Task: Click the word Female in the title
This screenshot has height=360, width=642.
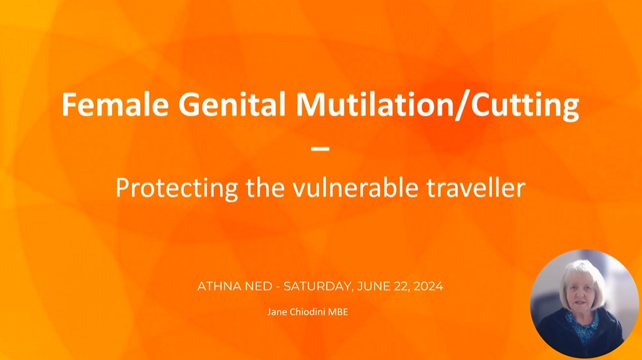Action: (115, 104)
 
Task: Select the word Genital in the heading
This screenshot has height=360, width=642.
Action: (232, 104)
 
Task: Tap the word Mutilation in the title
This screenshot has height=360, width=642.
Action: (373, 104)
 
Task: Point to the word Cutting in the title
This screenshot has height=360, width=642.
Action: (525, 107)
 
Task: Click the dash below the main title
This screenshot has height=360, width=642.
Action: (320, 149)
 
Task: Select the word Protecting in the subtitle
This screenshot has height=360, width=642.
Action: (176, 188)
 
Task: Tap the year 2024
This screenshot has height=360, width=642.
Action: (428, 286)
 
